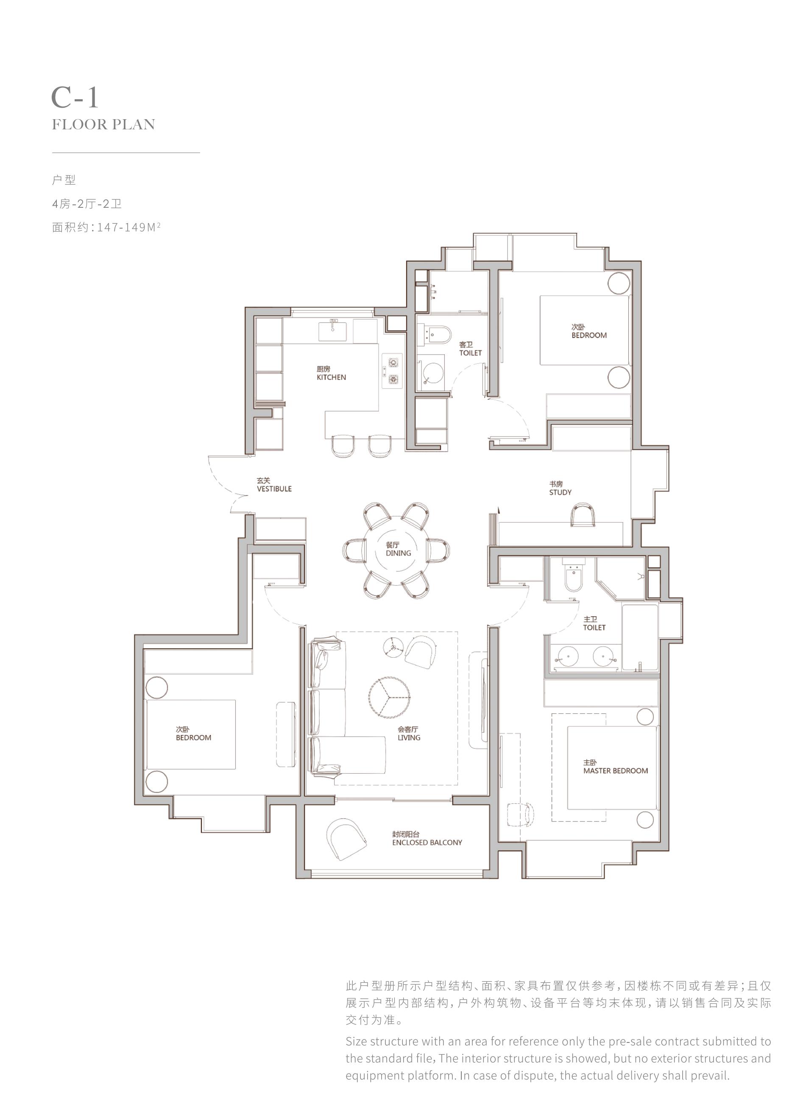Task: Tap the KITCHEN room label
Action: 332,377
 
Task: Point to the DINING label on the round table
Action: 398,553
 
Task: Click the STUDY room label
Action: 561,492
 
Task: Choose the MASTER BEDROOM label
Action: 616,771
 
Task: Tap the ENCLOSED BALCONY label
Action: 427,842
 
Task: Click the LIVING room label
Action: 409,738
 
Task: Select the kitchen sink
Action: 332,331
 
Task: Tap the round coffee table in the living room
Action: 390,697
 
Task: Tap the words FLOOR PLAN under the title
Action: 103,125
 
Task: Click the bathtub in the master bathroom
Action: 640,637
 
